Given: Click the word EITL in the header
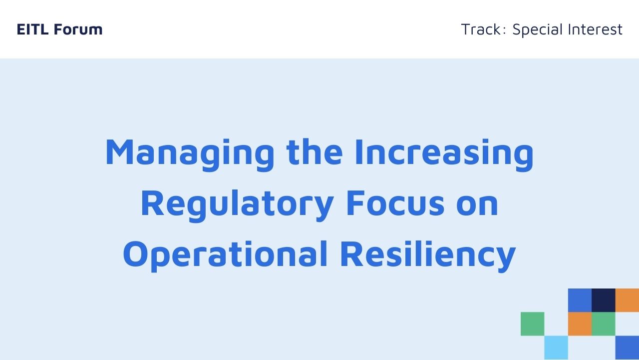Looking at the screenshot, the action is click(32, 29).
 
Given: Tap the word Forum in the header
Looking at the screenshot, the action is click(78, 29).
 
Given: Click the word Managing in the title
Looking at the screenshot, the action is click(190, 155).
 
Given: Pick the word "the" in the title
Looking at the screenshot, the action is click(315, 152).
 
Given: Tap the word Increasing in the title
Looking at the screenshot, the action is click(444, 155).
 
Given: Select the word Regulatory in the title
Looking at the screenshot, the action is click(237, 205).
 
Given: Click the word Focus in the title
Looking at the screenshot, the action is click(395, 203).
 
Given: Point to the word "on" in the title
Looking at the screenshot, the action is click(477, 205).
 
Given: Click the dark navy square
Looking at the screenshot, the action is click(604, 300).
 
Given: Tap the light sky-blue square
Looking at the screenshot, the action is click(556, 347).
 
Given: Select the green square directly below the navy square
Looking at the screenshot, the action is click(604, 324).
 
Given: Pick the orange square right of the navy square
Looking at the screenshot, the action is click(627, 300).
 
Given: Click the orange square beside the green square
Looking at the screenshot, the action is click(580, 324).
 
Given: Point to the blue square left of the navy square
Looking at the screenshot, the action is click(580, 300).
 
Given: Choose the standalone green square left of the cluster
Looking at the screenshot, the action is click(532, 324).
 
